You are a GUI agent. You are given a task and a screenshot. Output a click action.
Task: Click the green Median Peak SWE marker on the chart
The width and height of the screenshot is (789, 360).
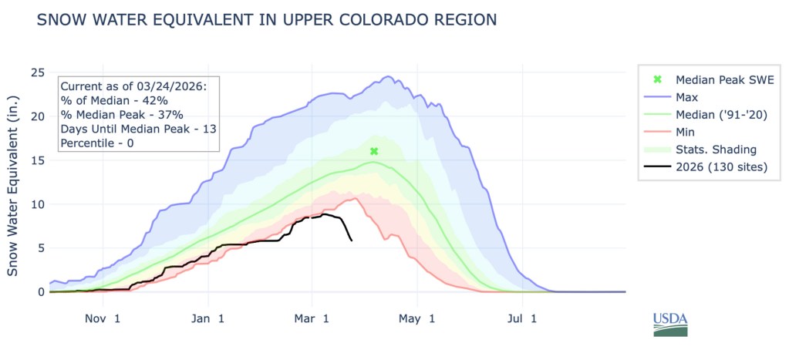[x=374, y=152]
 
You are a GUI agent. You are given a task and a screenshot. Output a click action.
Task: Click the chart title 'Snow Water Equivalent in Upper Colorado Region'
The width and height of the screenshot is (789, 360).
[x=266, y=21]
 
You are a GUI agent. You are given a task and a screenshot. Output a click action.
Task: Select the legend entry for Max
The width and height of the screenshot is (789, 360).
[x=687, y=97]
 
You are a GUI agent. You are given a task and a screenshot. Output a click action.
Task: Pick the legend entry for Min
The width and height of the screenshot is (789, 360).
[x=686, y=132]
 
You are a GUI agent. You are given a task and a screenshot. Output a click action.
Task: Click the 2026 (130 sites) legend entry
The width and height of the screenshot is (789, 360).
[x=721, y=167]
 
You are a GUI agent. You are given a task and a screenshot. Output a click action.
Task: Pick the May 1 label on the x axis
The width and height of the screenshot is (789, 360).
[x=416, y=318]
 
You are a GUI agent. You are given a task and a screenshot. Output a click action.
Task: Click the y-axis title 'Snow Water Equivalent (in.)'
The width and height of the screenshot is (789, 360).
[x=13, y=185]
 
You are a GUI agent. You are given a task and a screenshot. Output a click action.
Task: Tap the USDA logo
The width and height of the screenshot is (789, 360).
[x=669, y=324]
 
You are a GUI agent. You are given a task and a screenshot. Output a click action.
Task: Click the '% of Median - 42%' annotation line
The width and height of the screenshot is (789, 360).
[x=114, y=100]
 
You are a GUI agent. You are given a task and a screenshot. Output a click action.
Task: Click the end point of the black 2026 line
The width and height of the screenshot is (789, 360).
[x=352, y=241]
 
